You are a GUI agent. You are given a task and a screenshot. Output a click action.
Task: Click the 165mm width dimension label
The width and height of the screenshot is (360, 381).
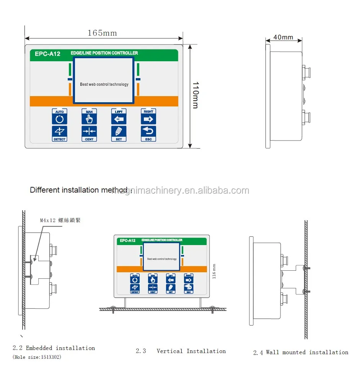click(102, 33)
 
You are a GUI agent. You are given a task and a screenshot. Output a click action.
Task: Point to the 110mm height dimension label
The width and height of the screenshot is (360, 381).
click(195, 95)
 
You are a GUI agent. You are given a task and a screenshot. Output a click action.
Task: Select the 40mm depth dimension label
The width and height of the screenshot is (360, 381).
click(283, 37)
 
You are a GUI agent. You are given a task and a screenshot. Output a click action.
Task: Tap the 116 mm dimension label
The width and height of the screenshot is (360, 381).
click(214, 271)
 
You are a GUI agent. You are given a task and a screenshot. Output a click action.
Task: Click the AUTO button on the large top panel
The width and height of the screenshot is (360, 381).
click(59, 117)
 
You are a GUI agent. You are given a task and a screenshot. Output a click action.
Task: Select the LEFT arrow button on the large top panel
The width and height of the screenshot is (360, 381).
click(119, 117)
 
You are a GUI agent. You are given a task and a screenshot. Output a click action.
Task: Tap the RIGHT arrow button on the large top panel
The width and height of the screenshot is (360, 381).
click(148, 117)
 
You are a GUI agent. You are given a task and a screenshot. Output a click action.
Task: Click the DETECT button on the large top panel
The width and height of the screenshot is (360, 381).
click(59, 133)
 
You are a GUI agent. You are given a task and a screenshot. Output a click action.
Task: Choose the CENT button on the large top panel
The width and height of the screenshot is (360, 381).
click(89, 133)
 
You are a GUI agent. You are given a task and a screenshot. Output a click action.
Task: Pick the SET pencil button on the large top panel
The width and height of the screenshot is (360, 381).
click(119, 133)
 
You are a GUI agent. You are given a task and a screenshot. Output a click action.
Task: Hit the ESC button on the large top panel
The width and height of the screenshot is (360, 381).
click(148, 133)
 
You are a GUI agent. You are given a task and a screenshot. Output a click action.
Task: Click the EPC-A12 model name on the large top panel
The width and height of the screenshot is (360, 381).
click(47, 54)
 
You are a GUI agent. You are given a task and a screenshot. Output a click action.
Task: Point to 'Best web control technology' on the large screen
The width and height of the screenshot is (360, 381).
click(104, 84)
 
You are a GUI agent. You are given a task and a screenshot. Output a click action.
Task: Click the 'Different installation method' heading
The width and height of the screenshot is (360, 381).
click(80, 190)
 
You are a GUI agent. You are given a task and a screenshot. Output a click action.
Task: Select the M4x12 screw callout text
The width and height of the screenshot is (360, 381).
click(60, 220)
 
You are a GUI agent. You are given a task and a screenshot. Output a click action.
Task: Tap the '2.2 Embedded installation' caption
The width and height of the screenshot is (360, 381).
click(54, 348)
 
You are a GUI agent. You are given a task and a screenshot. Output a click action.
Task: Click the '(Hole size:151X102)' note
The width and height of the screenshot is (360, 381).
click(37, 357)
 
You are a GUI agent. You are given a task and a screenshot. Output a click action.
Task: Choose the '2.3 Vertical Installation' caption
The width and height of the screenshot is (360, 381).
click(181, 351)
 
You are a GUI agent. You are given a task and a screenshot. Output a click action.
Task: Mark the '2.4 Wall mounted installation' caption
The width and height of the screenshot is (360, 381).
click(301, 352)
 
